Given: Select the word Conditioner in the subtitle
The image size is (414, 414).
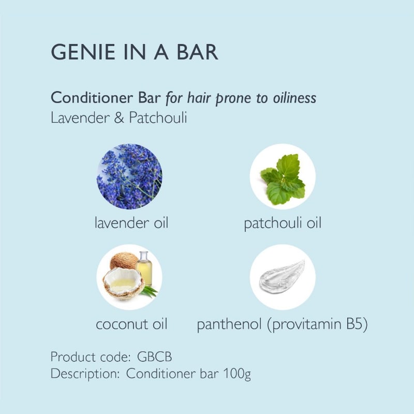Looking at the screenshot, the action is tap(92, 97).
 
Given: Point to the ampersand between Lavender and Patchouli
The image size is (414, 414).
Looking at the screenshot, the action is tap(119, 117).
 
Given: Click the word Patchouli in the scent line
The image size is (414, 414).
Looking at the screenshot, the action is tap(158, 117).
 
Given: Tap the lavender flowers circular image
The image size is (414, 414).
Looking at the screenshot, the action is tap(129, 176).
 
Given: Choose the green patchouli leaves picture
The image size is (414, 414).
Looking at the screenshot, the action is tap(283, 179).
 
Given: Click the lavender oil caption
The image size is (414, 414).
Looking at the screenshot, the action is tap(131, 223).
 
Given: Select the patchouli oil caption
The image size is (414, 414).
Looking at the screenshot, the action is tap(283, 224).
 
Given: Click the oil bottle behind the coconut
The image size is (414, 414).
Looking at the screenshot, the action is tap(144, 268).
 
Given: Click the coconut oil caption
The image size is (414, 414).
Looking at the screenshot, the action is tap(131, 324).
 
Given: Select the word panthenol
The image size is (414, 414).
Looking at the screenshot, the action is tap(229, 324).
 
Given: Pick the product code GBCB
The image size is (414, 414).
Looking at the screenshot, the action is tap(154, 357).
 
